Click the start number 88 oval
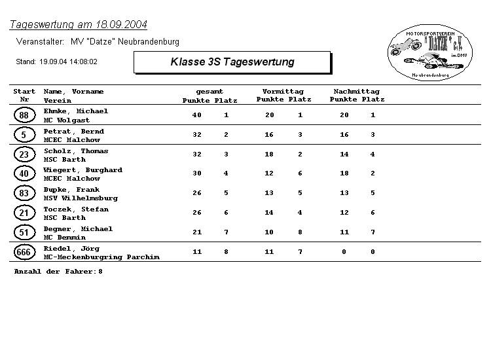24,115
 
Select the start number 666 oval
24,252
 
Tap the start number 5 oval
24,135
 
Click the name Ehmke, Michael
76,111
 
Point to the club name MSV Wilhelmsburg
81,198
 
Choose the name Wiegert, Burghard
82,170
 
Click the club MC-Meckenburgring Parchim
101,257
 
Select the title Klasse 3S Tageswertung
232,62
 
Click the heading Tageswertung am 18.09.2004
78,25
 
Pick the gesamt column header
209,92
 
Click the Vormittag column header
283,92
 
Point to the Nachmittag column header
356,92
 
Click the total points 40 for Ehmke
197,115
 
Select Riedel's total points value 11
197,252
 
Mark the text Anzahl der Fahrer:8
58,271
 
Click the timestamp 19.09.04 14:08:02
68,62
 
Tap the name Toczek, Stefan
76,209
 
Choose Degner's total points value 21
197,232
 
